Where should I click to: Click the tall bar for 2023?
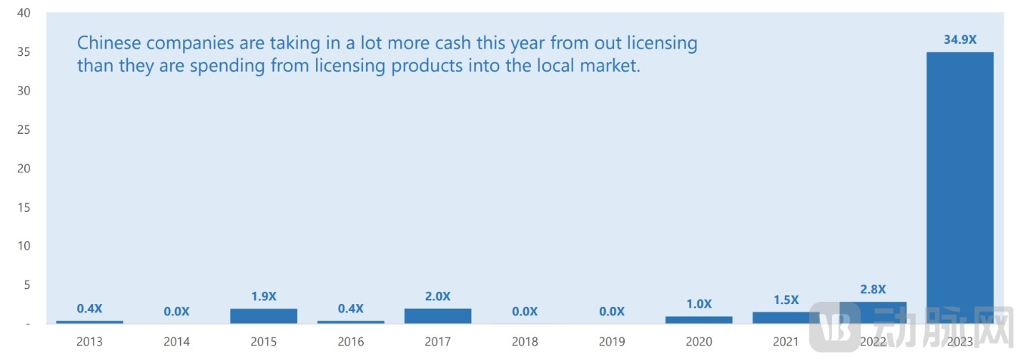tap(960, 188)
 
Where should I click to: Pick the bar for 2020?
tap(699, 320)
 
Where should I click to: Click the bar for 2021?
tap(786, 318)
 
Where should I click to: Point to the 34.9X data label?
tap(960, 39)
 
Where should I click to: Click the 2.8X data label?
tap(873, 289)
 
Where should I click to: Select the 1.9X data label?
tap(263, 296)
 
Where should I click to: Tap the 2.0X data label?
tap(438, 296)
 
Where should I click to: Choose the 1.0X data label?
tap(699, 303)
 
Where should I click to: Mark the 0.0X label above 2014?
tap(176, 311)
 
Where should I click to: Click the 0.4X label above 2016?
tap(350, 308)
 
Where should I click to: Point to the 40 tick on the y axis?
tap(23, 13)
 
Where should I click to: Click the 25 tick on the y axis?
tap(23, 129)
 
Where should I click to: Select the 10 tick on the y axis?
tap(23, 246)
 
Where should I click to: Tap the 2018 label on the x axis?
tap(525, 342)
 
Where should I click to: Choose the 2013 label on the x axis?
tap(89, 342)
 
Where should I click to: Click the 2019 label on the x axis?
tap(612, 342)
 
